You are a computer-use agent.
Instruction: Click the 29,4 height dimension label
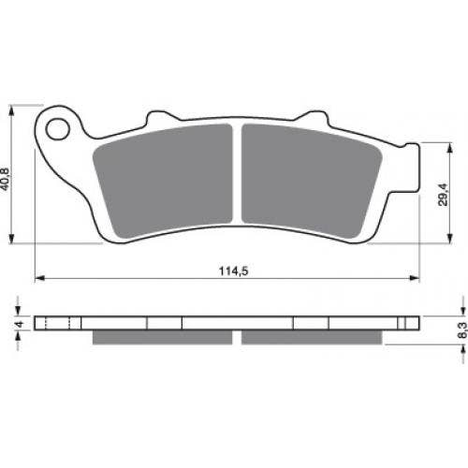click(443, 195)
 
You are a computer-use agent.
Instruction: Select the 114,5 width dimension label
click(233, 271)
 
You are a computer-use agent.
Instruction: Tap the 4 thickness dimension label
click(20, 324)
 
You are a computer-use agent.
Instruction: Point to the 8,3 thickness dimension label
click(462, 330)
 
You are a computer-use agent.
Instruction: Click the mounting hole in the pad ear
click(58, 129)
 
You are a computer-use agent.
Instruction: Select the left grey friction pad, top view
click(163, 181)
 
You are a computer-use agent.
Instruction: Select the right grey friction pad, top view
click(312, 181)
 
